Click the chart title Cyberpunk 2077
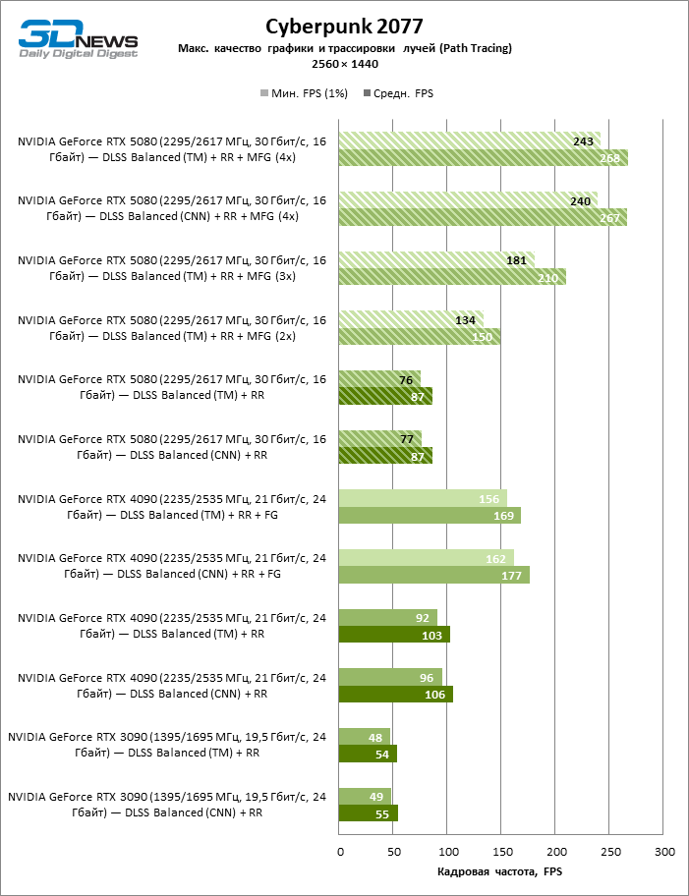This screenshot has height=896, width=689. pos(344,25)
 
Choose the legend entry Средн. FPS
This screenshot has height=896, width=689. pos(398,93)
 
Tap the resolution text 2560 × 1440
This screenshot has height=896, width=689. pos(344,64)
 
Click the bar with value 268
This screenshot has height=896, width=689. pos(483,157)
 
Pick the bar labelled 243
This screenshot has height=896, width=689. pos(469,140)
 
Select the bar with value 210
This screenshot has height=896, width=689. pos(452,276)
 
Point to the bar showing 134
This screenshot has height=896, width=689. pos(411,319)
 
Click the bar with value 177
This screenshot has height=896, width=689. pos(434,575)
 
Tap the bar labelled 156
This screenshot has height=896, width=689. pos(423,498)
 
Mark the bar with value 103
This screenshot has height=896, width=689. pos(394,635)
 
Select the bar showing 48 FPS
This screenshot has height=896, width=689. pos(365,737)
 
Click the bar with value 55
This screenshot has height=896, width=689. pos(369,813)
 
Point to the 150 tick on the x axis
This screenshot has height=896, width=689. pos(501,851)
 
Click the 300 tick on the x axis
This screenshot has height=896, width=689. pos(664,851)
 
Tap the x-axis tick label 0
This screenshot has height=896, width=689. pos(339,851)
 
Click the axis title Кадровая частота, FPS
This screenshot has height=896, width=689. pos(498,871)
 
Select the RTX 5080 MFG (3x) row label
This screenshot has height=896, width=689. pos(171,268)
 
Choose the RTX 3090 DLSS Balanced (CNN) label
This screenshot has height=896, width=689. pos(167,806)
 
